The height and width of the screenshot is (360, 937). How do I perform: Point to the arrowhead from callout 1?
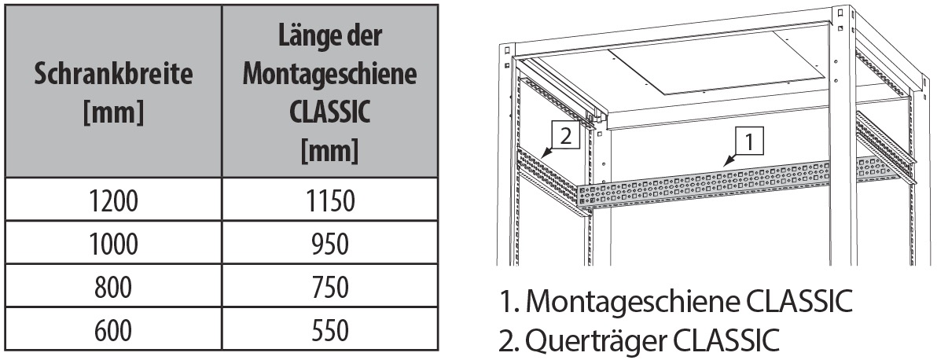(x=726, y=161)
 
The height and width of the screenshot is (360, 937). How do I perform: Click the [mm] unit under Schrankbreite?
(x=113, y=113)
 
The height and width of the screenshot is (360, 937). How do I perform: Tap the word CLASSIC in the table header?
(x=330, y=112)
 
